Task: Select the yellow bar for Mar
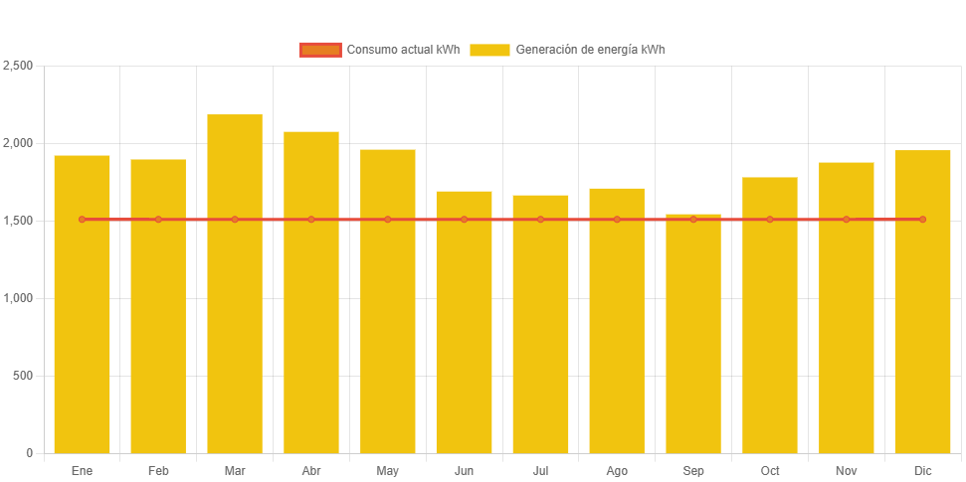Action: (235, 298)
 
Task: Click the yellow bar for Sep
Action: (693, 338)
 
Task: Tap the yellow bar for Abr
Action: (311, 298)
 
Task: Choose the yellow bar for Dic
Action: (922, 308)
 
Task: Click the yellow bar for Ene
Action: (82, 308)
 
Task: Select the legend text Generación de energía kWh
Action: (590, 50)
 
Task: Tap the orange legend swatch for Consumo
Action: (319, 50)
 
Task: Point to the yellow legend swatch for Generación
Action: (489, 50)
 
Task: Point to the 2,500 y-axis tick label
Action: (18, 66)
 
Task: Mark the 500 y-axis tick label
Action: (23, 376)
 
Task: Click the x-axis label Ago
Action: (617, 470)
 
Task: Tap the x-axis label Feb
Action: (158, 470)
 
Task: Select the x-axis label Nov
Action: (846, 470)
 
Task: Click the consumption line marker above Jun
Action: (464, 219)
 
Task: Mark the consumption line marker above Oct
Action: (770, 219)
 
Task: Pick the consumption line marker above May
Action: (388, 219)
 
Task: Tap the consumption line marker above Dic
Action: (922, 219)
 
